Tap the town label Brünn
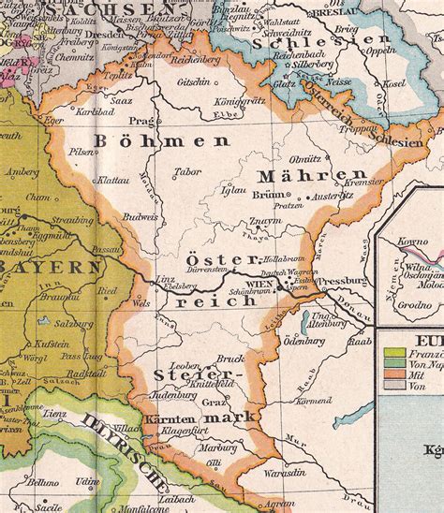[x=266, y=195]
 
